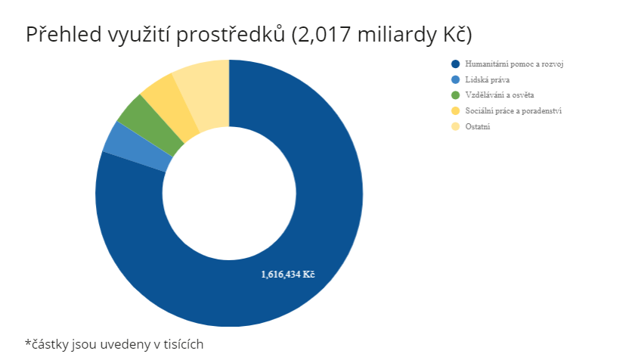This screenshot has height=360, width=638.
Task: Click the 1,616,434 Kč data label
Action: point(288,275)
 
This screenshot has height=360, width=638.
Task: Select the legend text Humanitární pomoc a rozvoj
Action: point(514,64)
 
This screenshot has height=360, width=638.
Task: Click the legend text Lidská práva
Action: point(488,80)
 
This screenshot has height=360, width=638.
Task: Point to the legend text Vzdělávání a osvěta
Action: point(500,95)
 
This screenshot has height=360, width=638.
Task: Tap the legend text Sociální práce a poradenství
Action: point(513,110)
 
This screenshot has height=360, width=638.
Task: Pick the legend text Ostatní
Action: point(478,126)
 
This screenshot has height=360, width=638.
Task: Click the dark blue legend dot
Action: point(456,64)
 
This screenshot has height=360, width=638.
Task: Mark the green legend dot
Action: point(456,95)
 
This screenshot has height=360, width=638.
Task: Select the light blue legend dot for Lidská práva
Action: point(456,80)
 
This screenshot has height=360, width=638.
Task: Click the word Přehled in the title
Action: point(64,34)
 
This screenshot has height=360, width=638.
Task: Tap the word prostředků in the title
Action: point(231,35)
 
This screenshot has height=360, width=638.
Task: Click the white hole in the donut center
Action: point(229,193)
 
